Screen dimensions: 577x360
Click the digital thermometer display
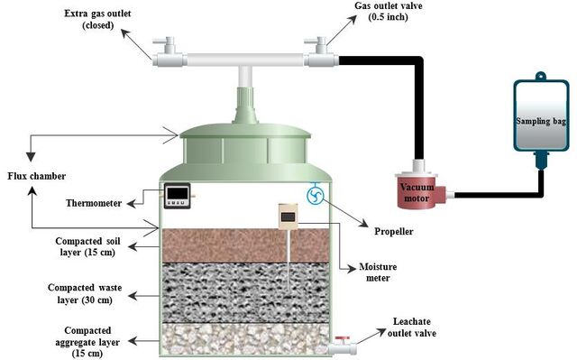point(177,196)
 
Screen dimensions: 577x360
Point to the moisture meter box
point(288,217)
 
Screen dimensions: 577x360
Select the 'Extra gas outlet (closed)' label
point(97,20)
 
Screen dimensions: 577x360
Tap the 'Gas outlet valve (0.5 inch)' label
point(389,12)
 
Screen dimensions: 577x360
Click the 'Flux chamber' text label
point(36,176)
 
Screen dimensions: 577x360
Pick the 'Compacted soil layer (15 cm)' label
point(87,246)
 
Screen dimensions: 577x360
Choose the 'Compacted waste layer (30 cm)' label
point(85,293)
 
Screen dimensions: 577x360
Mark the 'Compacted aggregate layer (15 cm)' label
point(87,342)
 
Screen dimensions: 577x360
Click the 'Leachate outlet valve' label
point(412,328)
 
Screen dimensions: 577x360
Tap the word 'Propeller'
point(394,232)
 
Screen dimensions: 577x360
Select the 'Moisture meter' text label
point(378,272)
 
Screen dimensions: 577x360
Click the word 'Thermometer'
point(94,203)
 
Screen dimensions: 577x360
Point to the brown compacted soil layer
point(245,245)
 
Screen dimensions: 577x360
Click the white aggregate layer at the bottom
point(245,339)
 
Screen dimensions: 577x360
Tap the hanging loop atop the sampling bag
point(541,76)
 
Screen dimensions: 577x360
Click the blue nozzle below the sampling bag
point(541,161)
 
